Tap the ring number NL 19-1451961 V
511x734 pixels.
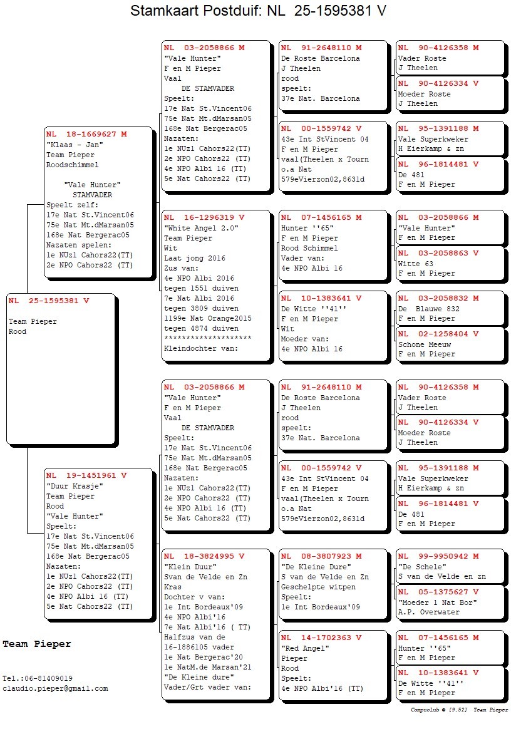(x=86, y=475)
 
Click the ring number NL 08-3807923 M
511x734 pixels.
(x=321, y=556)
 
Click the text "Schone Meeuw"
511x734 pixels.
(x=425, y=344)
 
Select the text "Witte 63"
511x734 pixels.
(x=416, y=263)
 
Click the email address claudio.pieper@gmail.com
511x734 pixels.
(x=55, y=688)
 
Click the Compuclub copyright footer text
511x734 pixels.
(x=459, y=710)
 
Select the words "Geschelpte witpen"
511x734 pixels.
(x=318, y=586)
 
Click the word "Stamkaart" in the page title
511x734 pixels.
(x=162, y=11)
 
